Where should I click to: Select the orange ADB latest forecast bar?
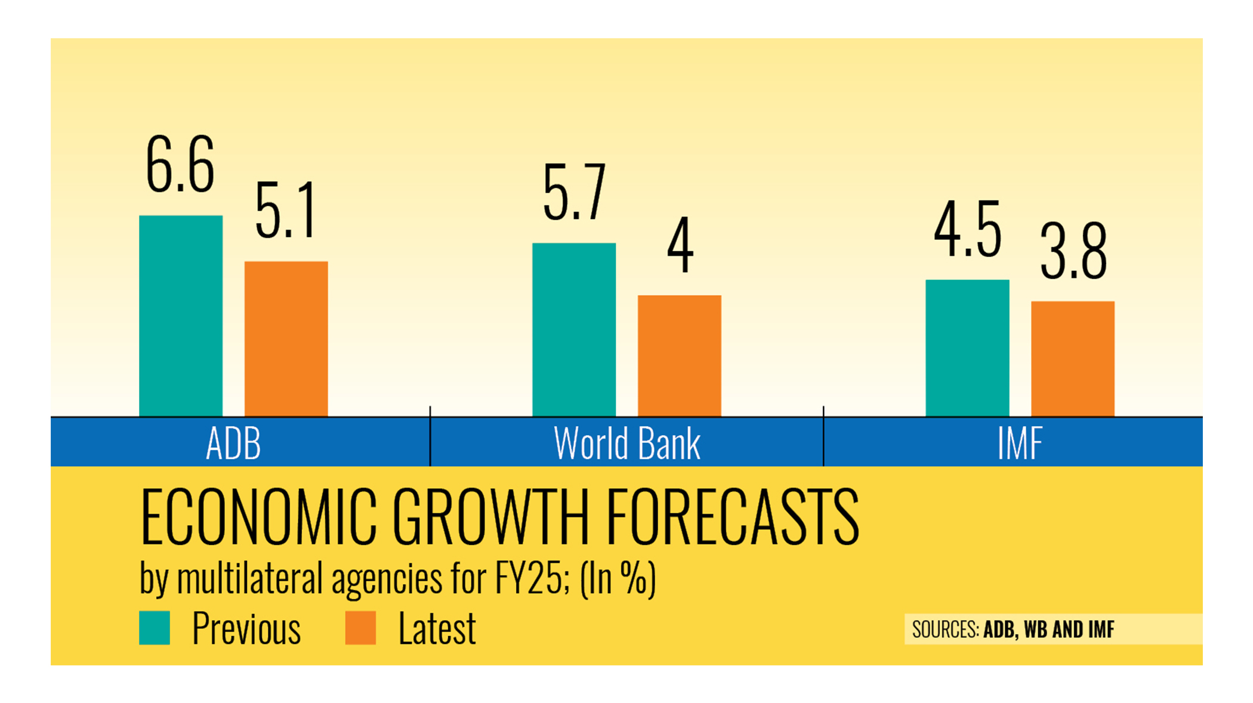pyautogui.click(x=286, y=338)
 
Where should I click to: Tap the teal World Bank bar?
pyautogui.click(x=574, y=329)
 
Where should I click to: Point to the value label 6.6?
pyautogui.click(x=180, y=165)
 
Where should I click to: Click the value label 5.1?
pyautogui.click(x=285, y=211)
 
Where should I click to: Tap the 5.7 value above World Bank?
pyautogui.click(x=574, y=193)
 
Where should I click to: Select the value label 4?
pyautogui.click(x=680, y=245)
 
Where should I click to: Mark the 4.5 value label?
pyautogui.click(x=967, y=230)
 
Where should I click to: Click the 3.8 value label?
pyautogui.click(x=1073, y=252)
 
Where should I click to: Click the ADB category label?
pyautogui.click(x=233, y=443)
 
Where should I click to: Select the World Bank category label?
pyautogui.click(x=626, y=443)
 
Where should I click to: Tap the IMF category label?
pyautogui.click(x=1019, y=443)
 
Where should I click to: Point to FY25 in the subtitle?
pyautogui.click(x=527, y=578)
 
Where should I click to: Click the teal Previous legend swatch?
pyautogui.click(x=155, y=628)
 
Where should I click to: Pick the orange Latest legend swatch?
pyautogui.click(x=360, y=628)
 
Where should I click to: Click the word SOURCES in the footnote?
pyautogui.click(x=945, y=630)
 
